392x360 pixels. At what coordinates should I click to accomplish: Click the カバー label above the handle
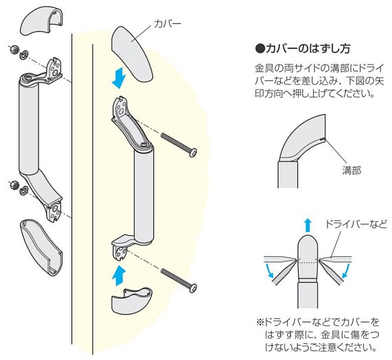click(167, 24)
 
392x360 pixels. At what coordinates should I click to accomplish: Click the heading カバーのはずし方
click(303, 49)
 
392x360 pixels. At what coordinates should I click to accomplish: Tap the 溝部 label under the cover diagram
click(351, 170)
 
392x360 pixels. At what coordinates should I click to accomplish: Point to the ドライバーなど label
click(356, 224)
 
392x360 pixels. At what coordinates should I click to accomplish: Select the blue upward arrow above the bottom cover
click(118, 275)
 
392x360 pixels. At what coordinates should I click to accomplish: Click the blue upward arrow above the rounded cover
click(308, 225)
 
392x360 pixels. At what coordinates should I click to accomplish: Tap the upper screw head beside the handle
click(193, 153)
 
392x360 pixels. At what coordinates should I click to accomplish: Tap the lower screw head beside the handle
click(192, 288)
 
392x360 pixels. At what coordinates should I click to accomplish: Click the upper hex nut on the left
click(14, 49)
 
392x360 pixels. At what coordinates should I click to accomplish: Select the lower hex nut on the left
click(14, 185)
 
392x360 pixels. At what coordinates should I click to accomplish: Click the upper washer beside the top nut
click(24, 54)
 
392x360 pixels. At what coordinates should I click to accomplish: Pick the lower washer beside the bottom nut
click(24, 190)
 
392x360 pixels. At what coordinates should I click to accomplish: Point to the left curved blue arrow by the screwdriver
click(269, 270)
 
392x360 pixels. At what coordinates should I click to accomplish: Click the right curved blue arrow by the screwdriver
click(346, 270)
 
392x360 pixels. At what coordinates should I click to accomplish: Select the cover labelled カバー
click(132, 54)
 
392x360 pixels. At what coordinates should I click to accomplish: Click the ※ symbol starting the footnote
click(260, 322)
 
